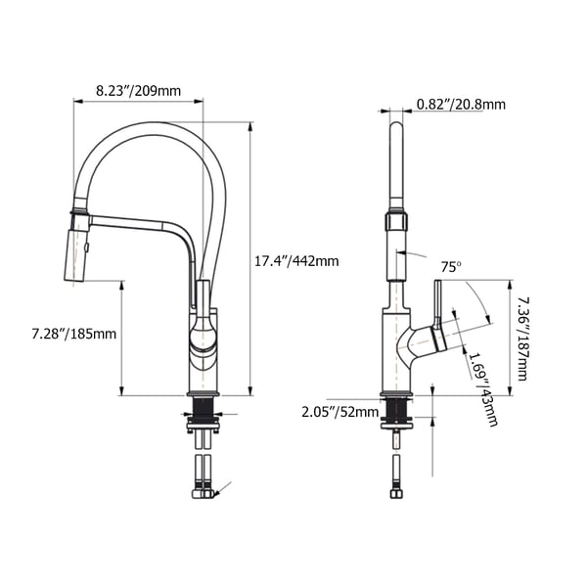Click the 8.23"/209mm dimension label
(138, 91)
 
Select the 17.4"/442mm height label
(296, 261)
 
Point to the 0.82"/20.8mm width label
(461, 105)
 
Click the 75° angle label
(449, 266)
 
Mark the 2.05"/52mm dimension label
(339, 412)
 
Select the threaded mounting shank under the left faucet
(203, 412)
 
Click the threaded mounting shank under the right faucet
(396, 412)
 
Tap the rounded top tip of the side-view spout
(396, 127)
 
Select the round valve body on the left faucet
(202, 338)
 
